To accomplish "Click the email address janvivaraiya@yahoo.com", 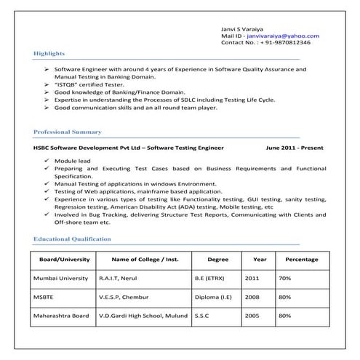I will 283,35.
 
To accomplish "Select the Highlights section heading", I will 49,54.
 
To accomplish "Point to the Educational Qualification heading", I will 72,239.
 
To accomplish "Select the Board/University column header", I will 64,259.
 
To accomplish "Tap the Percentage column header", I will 302,259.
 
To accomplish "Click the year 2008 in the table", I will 252,297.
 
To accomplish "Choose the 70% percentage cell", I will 284,278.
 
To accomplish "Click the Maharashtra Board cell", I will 61,316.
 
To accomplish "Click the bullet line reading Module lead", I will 70,159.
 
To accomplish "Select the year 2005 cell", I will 252,316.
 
